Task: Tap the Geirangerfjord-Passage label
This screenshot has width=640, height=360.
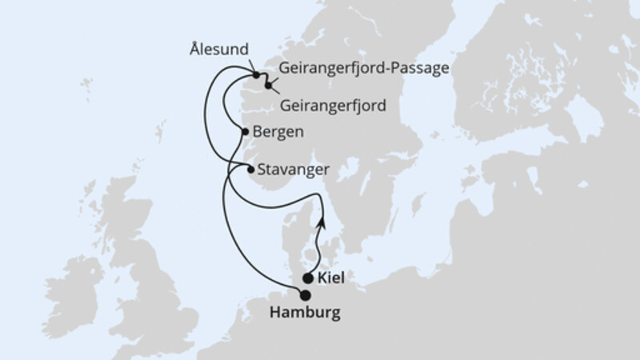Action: click(365, 69)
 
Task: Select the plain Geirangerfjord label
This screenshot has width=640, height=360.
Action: click(334, 106)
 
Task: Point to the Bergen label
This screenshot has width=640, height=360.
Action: click(277, 133)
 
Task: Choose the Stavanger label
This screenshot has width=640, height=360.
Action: click(293, 170)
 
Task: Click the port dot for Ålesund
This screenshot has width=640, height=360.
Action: click(258, 76)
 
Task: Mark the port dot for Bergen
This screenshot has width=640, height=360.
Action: click(245, 134)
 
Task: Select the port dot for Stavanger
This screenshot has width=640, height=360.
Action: click(250, 170)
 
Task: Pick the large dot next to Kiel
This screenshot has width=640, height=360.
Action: click(309, 279)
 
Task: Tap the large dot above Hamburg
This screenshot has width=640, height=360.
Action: click(305, 294)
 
